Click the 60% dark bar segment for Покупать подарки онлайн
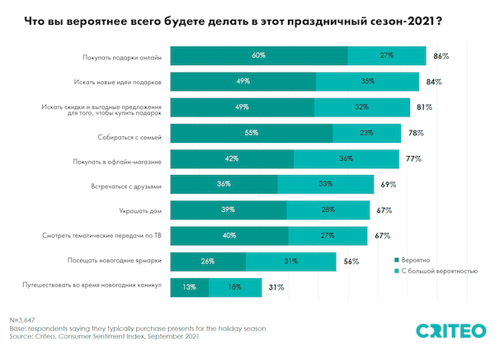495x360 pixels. pos(258,56)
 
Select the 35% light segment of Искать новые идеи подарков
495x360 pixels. pos(367,82)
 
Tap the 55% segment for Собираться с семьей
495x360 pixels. pos(252,133)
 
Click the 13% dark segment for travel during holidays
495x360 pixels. pos(189,287)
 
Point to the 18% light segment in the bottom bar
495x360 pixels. pos(235,287)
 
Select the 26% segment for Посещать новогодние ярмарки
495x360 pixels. pos(208,262)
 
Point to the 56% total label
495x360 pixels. pos(351,262)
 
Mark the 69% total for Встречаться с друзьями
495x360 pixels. pos(389,184)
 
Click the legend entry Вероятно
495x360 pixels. pos(416,258)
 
